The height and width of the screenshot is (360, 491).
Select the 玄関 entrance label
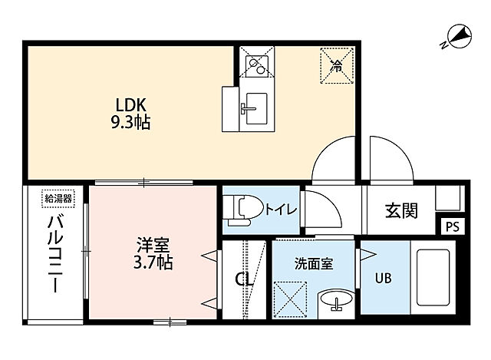tap(400, 209)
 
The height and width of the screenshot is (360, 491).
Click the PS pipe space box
tap(452, 227)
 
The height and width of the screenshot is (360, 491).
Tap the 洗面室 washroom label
tap(312, 263)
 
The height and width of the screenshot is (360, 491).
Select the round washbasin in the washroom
tap(335, 301)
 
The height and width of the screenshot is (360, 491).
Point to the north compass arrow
tap(458, 35)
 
